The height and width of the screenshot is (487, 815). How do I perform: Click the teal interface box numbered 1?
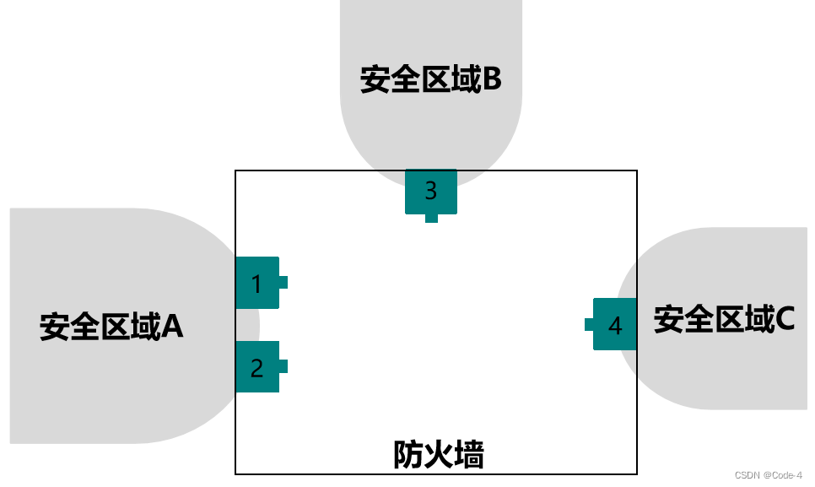click(x=257, y=283)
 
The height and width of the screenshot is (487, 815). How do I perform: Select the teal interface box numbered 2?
click(x=257, y=367)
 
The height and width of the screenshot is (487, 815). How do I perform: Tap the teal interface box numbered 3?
click(x=430, y=191)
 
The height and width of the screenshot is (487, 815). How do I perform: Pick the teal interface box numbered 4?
click(x=614, y=324)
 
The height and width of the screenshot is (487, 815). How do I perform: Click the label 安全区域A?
click(x=111, y=326)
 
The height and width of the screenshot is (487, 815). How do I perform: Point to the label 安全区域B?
click(x=430, y=80)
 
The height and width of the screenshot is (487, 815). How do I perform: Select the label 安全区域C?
click(x=724, y=320)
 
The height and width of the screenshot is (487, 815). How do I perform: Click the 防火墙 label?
click(x=439, y=455)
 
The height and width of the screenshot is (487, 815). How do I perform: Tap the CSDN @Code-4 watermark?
click(x=769, y=475)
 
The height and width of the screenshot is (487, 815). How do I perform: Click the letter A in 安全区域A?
click(x=172, y=326)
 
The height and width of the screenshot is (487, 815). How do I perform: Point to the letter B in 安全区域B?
click(x=492, y=80)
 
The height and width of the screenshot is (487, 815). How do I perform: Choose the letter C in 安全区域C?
click(x=784, y=320)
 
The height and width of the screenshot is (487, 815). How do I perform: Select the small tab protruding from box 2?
click(x=283, y=366)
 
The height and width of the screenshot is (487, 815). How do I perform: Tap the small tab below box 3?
click(x=431, y=218)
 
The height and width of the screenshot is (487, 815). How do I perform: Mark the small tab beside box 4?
click(x=589, y=324)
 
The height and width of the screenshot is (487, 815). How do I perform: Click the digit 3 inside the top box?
click(x=430, y=191)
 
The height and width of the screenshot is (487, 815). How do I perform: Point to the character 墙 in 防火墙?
click(x=469, y=455)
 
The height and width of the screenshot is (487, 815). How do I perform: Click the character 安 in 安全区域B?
click(x=374, y=80)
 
